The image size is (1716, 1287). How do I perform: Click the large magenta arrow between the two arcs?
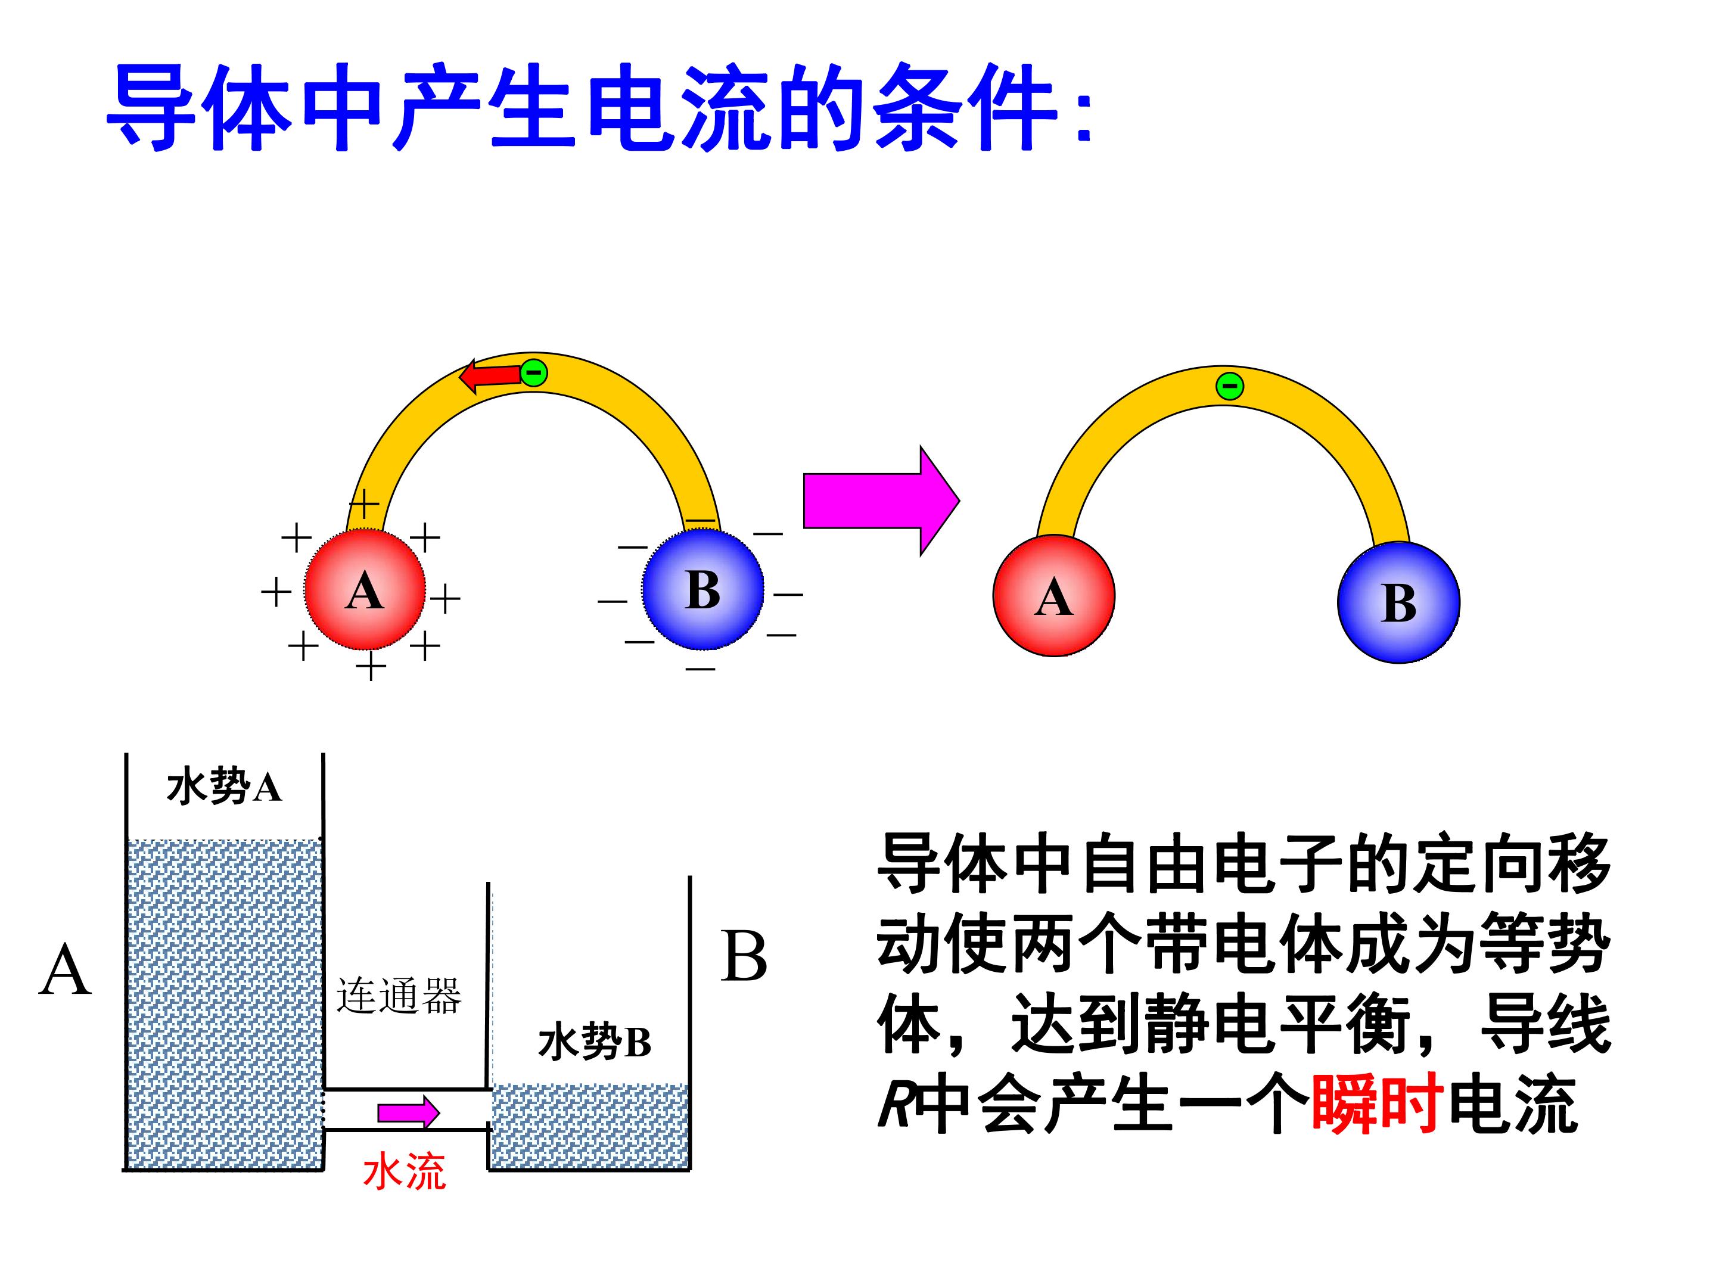coord(881,501)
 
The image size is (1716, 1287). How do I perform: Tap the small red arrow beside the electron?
coord(490,376)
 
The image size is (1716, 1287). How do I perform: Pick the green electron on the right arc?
coord(1229,386)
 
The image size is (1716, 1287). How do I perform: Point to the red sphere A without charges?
coord(1053,596)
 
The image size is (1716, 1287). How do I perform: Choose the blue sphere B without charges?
coord(1398,602)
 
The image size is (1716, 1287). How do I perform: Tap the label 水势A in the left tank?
coord(223,786)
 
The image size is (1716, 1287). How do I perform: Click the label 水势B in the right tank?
coord(594,1042)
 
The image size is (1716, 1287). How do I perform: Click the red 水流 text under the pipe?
coord(404,1172)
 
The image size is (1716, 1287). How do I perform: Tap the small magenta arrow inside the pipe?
coord(409,1113)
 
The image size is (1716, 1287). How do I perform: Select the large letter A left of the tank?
coord(65,969)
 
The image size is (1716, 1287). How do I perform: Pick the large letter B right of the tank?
coord(744,956)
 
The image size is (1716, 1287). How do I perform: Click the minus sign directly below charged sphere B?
coord(701,668)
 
